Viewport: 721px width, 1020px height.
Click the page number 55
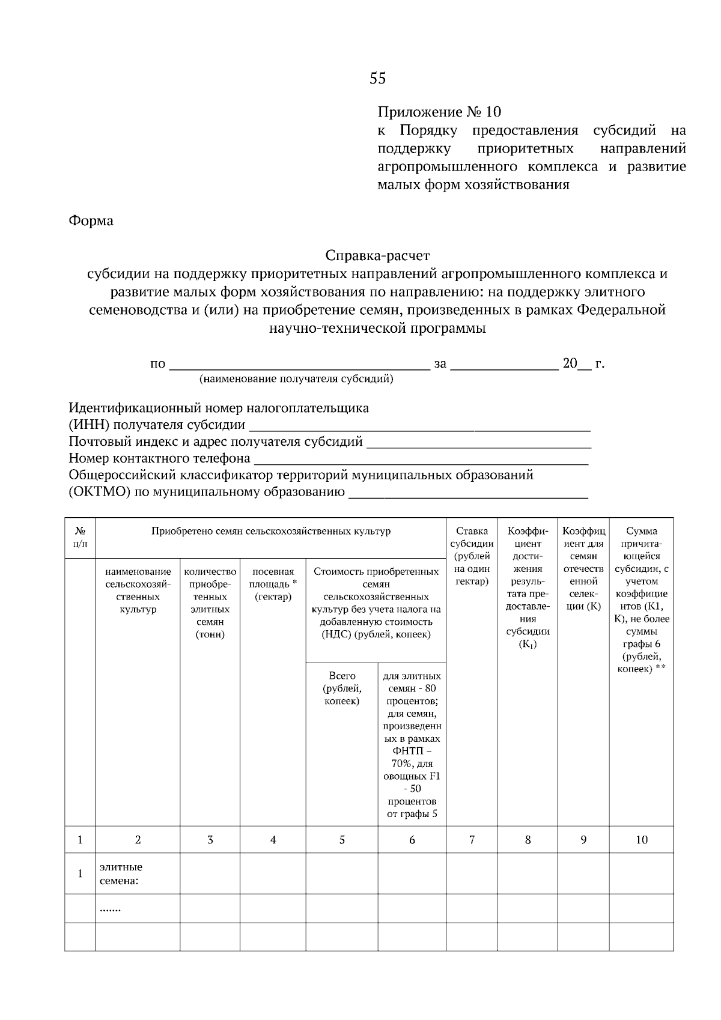point(378,79)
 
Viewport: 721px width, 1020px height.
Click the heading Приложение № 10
point(439,112)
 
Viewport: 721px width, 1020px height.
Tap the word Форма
point(91,221)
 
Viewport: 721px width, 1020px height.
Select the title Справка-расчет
point(377,256)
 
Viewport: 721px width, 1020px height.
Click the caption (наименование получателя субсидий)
point(296,379)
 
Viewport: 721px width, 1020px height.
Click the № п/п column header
point(80,538)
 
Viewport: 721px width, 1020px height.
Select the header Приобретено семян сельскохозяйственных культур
point(270,532)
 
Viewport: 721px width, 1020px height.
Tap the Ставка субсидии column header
point(472,556)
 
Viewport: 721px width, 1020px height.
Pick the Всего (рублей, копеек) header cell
point(342,688)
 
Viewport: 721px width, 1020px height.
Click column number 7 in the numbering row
point(472,840)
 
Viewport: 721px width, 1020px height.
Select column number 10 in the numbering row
point(641,840)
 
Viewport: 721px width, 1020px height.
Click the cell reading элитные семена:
point(121,874)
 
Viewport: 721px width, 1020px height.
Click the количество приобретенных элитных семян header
point(210,603)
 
